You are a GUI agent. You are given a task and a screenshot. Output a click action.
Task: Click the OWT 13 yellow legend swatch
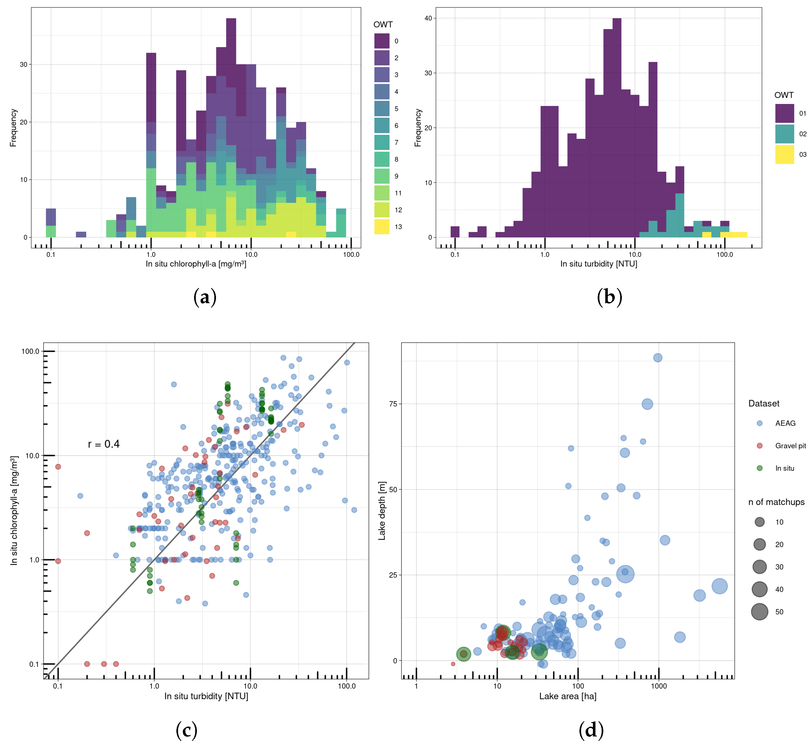pyautogui.click(x=381, y=227)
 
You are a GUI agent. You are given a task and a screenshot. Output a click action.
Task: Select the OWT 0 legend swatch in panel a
pyautogui.click(x=381, y=41)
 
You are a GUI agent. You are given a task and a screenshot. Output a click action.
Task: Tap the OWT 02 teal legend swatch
pyautogui.click(x=784, y=134)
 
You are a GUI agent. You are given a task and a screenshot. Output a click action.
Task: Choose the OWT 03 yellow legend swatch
pyautogui.click(x=784, y=155)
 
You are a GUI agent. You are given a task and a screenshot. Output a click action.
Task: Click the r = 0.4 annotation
pyautogui.click(x=104, y=444)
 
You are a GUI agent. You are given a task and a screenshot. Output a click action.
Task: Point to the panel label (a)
pyautogui.click(x=205, y=298)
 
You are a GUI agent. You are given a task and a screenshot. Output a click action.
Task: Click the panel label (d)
pyautogui.click(x=591, y=730)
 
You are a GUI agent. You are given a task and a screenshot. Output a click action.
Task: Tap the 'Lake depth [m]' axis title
pyautogui.click(x=381, y=511)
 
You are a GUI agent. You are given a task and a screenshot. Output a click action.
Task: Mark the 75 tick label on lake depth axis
pyautogui.click(x=393, y=404)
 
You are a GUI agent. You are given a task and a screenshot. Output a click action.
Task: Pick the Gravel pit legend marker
pyautogui.click(x=759, y=446)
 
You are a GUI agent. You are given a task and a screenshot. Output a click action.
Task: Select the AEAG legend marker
pyautogui.click(x=759, y=423)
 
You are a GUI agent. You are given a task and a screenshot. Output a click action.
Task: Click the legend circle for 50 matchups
pyautogui.click(x=759, y=612)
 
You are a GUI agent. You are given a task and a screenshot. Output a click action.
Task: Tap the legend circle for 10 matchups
pyautogui.click(x=759, y=522)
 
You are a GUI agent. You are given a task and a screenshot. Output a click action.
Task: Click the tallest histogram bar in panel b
pyautogui.click(x=617, y=129)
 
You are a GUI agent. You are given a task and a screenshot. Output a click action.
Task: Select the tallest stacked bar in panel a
pyautogui.click(x=231, y=129)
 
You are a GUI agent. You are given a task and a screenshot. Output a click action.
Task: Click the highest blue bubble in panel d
pyautogui.click(x=658, y=358)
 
